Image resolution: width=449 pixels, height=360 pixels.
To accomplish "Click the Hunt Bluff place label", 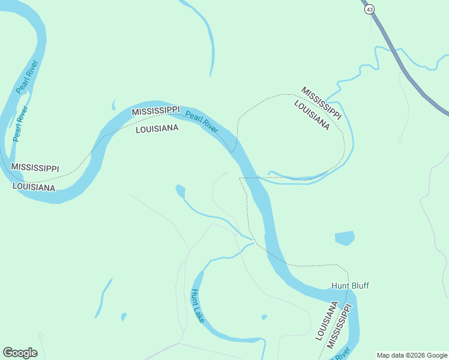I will pyautogui.click(x=350, y=286).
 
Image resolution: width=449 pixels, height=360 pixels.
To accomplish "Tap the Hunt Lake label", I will pyautogui.click(x=197, y=305).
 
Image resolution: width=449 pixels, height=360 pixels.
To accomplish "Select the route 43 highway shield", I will pyautogui.click(x=369, y=9).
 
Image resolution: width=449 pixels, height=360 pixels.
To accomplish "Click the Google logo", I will pyautogui.click(x=20, y=352).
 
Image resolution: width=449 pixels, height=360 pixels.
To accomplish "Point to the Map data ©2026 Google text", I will pyautogui.click(x=412, y=355).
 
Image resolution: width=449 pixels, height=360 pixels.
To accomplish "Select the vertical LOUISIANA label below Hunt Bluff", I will pyautogui.click(x=326, y=320).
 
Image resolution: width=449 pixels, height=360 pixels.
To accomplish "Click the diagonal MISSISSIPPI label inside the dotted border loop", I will pyautogui.click(x=321, y=103).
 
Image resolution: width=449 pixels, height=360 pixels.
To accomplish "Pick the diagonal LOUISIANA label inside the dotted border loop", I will pyautogui.click(x=312, y=115).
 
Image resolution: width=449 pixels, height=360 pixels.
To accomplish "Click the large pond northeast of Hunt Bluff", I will pyautogui.click(x=345, y=238).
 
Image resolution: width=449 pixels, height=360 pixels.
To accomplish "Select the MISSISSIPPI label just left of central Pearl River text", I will pyautogui.click(x=155, y=111).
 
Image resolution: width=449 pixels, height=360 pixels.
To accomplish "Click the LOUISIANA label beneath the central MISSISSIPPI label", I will pyautogui.click(x=157, y=128).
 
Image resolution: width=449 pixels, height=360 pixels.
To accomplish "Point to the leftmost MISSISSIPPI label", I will pyautogui.click(x=35, y=167).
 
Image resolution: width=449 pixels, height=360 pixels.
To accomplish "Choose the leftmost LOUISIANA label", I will pyautogui.click(x=34, y=187).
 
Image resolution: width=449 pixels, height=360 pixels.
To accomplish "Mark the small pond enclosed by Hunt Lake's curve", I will pyautogui.click(x=264, y=317).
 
